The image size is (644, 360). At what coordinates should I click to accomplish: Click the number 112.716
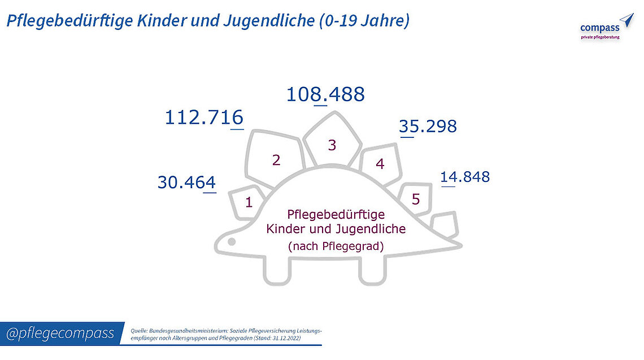204,118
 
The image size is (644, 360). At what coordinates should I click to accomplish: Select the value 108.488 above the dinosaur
325,94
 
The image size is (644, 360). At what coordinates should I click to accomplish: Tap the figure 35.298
428,127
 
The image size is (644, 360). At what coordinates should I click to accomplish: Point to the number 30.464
187,183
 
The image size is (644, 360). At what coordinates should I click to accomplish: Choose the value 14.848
465,177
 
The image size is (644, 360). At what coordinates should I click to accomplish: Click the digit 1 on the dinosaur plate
249,202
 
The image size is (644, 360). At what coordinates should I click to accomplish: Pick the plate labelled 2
276,160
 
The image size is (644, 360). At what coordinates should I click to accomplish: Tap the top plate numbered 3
332,145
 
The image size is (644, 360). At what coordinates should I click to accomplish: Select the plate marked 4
380,164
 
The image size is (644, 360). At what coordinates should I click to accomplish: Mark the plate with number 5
416,199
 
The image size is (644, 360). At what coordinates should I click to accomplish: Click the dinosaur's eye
231,242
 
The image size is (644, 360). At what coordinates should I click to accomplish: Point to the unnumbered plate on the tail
445,222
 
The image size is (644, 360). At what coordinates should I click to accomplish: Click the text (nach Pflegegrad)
336,246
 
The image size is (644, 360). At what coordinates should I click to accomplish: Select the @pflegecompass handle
60,333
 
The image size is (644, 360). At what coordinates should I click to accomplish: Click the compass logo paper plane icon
626,21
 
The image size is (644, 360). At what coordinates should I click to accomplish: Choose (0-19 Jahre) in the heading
364,21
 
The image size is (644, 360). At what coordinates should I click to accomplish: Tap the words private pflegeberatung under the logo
600,37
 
